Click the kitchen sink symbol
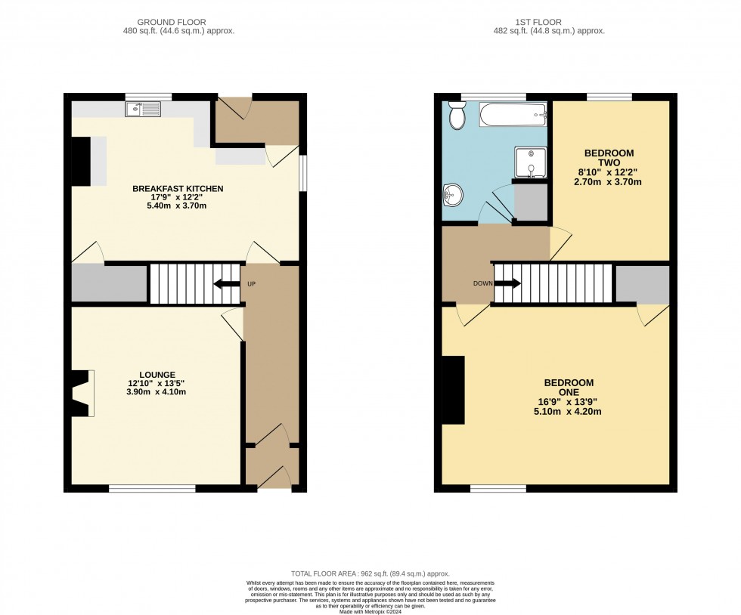click(143, 109)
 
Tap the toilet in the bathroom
click(457, 116)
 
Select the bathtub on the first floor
click(513, 114)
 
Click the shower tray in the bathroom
click(531, 162)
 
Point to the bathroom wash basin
click(453, 195)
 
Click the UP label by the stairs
click(251, 284)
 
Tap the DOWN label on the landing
click(483, 283)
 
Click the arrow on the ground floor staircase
click(227, 284)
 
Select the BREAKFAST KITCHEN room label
click(178, 188)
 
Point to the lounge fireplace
click(82, 394)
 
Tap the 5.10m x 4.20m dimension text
click(568, 412)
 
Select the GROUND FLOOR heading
click(172, 22)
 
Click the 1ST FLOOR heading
click(538, 22)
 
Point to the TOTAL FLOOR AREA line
click(370, 574)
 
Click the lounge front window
click(152, 488)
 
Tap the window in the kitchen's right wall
click(303, 173)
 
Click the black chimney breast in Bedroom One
click(453, 390)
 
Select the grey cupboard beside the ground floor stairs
click(109, 283)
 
